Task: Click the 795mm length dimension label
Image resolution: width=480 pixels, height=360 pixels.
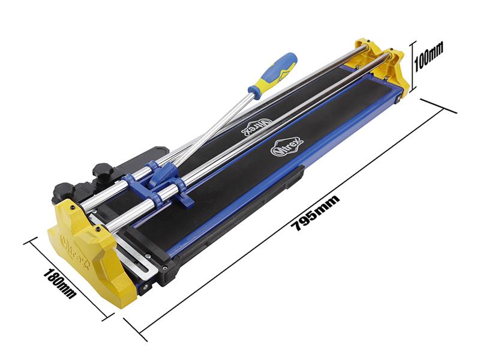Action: pyautogui.click(x=316, y=212)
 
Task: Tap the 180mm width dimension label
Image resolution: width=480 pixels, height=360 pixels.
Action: pyautogui.click(x=60, y=283)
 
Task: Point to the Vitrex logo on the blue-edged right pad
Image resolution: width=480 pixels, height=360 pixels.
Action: pyautogui.click(x=287, y=146)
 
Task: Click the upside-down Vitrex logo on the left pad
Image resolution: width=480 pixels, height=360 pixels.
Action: pyautogui.click(x=257, y=128)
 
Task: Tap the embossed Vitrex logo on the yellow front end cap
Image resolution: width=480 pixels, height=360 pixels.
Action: pyautogui.click(x=74, y=251)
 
